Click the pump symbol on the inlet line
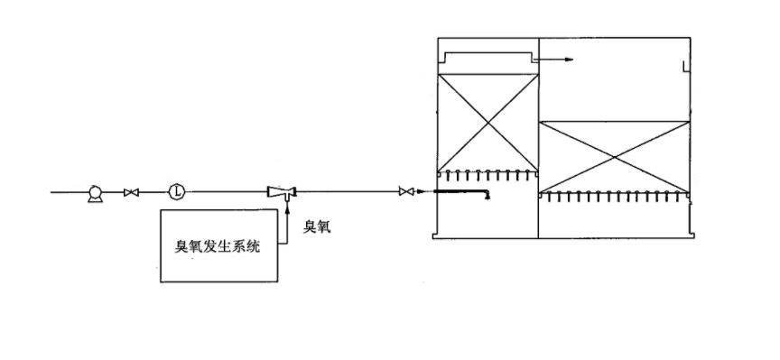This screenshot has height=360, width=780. click(x=93, y=191)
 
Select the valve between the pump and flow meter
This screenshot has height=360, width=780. click(x=133, y=191)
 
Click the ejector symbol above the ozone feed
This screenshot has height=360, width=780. click(x=283, y=191)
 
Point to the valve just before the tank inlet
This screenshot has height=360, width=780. click(x=405, y=191)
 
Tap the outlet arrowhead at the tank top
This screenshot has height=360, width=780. click(x=569, y=60)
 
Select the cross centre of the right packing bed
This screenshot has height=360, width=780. click(x=615, y=156)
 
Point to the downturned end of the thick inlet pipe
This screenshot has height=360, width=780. click(x=487, y=197)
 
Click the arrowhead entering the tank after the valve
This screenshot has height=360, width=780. click(x=421, y=191)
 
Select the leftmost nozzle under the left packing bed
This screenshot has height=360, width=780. click(x=442, y=173)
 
